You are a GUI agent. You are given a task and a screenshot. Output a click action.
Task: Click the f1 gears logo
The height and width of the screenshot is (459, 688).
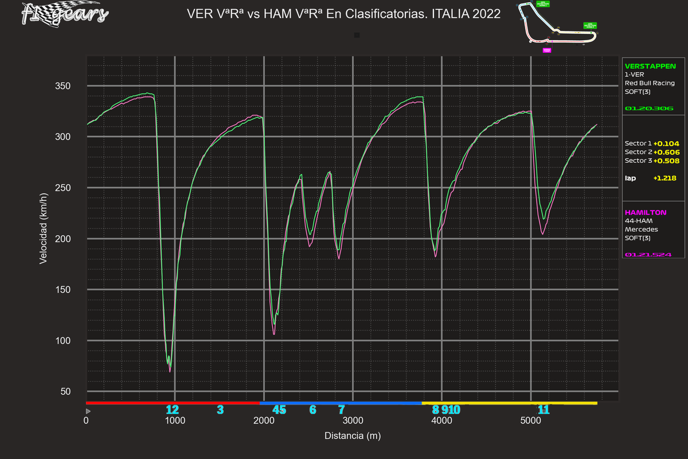pyautogui.click(x=64, y=14)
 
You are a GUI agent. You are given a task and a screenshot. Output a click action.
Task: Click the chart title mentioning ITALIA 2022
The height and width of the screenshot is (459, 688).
pyautogui.click(x=343, y=14)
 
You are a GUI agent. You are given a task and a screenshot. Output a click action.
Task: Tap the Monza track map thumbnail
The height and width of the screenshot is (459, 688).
pyautogui.click(x=557, y=28)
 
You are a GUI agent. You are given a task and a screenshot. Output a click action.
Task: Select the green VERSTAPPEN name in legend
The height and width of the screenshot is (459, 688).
pyautogui.click(x=650, y=66)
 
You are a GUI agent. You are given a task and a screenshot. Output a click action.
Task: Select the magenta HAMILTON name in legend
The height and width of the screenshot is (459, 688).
pyautogui.click(x=646, y=212)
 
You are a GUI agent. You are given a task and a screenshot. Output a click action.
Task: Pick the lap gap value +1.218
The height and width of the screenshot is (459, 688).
pyautogui.click(x=664, y=178)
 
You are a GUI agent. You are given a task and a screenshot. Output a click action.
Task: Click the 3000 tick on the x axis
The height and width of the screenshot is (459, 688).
pyautogui.click(x=353, y=421)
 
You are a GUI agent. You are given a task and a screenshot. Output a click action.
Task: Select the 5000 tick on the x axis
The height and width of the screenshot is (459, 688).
pyautogui.click(x=531, y=421)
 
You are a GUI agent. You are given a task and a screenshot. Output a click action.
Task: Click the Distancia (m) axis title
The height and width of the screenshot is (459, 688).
pyautogui.click(x=352, y=436)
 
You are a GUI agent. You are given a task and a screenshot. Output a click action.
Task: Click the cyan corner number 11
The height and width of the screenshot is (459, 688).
pyautogui.click(x=544, y=410)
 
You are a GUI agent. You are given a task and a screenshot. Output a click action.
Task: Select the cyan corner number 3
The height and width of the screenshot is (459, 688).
pyautogui.click(x=220, y=410)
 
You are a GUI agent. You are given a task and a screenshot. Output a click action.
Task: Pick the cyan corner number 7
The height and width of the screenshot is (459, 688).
pyautogui.click(x=341, y=410)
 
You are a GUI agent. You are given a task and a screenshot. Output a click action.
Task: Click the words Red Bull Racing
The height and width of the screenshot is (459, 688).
pyautogui.click(x=650, y=83)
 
